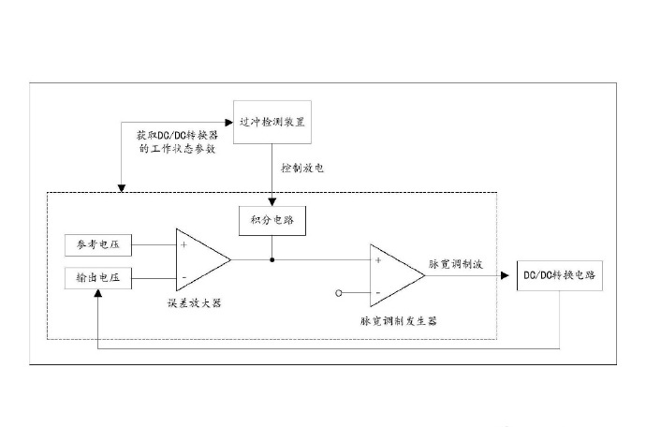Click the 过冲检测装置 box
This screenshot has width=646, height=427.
[272, 122]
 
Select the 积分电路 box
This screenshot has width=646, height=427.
[272, 220]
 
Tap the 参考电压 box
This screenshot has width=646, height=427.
[98, 244]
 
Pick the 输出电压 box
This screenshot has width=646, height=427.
[98, 278]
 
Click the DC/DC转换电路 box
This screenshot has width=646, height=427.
[560, 275]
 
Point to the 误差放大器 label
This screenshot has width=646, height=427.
[195, 303]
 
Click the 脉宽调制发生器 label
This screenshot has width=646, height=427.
[399, 320]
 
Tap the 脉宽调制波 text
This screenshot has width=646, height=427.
[456, 264]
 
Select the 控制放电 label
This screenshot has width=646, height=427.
[302, 168]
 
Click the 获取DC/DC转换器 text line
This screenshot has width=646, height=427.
[178, 135]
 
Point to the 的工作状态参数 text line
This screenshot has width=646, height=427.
[178, 148]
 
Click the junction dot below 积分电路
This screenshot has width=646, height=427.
[272, 259]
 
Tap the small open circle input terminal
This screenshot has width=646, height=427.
[339, 293]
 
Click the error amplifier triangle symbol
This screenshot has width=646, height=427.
[203, 259]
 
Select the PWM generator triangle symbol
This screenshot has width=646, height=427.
[397, 275]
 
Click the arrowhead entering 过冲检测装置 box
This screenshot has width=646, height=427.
[229, 123]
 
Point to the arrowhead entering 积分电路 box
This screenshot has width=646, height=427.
[272, 202]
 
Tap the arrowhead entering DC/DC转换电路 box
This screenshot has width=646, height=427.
[505, 275]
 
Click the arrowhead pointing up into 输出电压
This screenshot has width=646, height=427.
[97, 293]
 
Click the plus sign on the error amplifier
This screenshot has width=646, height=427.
[184, 244]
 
